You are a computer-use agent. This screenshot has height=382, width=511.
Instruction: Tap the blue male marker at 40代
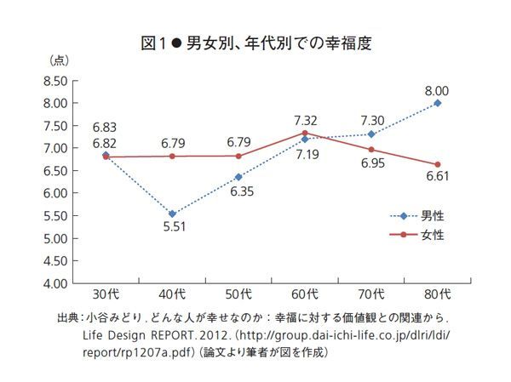172,214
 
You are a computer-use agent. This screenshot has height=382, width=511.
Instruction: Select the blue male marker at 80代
438,103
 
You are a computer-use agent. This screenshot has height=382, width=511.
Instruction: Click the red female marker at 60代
305,133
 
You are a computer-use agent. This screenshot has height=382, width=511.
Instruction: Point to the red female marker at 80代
438,164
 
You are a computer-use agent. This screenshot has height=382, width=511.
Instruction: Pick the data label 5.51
172,228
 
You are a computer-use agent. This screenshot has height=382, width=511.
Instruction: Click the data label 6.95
371,162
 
